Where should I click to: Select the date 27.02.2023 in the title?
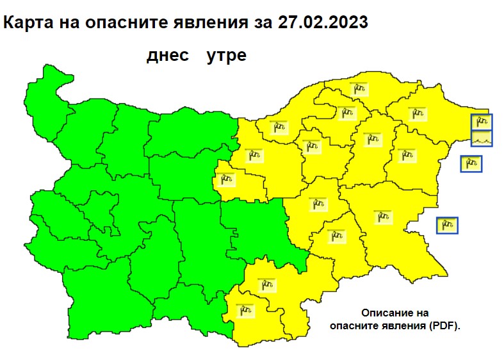[x=323, y=23]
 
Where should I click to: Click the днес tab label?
[x=168, y=56]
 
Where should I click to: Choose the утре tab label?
[x=227, y=56]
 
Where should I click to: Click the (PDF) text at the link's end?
[x=446, y=325]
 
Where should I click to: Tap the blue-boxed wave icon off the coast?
[x=482, y=138]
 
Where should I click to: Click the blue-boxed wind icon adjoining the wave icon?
[x=482, y=122]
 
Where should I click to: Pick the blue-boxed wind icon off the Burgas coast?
[x=447, y=225]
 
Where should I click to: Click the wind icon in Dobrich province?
[x=417, y=114]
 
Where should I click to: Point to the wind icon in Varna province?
[x=405, y=155]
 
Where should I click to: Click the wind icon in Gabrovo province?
[x=225, y=179]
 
